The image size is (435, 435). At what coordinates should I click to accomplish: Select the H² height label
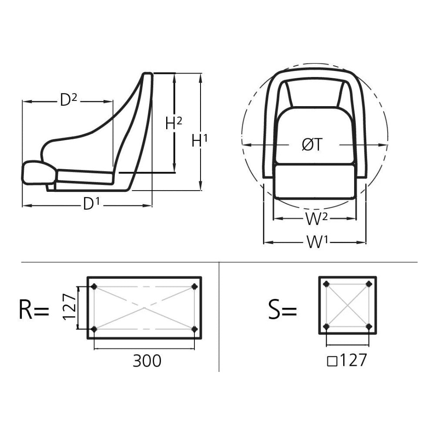tap(174, 123)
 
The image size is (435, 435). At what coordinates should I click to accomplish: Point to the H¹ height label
tap(200, 141)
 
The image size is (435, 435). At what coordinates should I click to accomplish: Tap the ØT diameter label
tap(312, 144)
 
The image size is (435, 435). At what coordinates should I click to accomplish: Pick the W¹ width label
tap(317, 241)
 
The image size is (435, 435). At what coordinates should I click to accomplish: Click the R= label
tap(33, 309)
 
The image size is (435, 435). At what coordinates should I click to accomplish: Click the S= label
tap(283, 309)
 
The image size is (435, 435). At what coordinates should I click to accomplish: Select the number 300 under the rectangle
tap(147, 361)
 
